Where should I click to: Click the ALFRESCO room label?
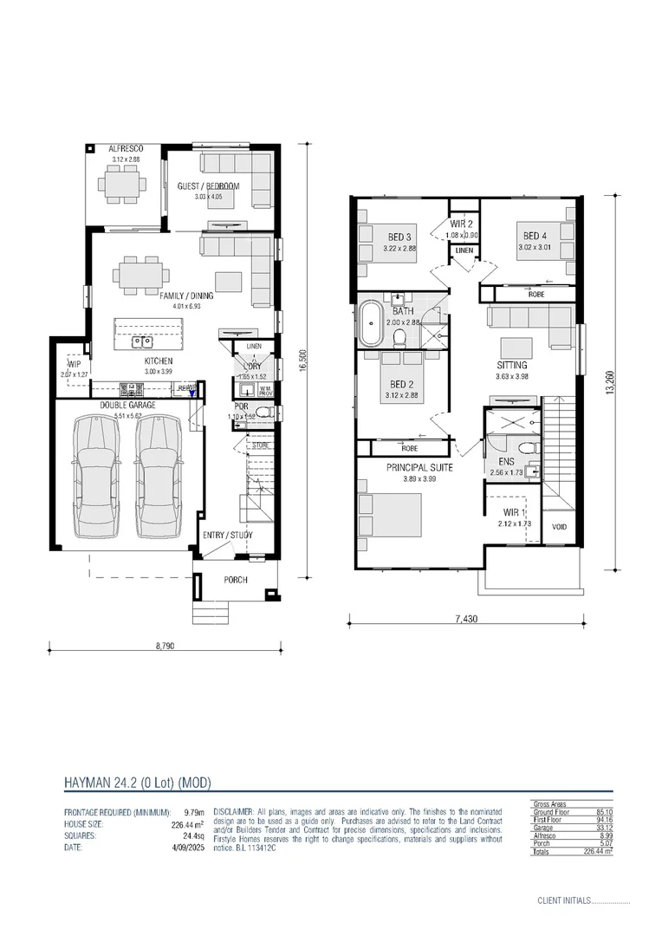(126, 149)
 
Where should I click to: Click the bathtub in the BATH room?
(371, 324)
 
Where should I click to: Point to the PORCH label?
(236, 580)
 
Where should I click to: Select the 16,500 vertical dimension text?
(302, 356)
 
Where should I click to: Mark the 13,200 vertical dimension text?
(611, 381)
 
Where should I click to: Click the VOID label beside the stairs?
(559, 526)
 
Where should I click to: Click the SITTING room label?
(512, 365)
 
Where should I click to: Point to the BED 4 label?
(535, 235)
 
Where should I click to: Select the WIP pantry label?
(75, 365)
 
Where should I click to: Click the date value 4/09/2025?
(185, 848)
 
